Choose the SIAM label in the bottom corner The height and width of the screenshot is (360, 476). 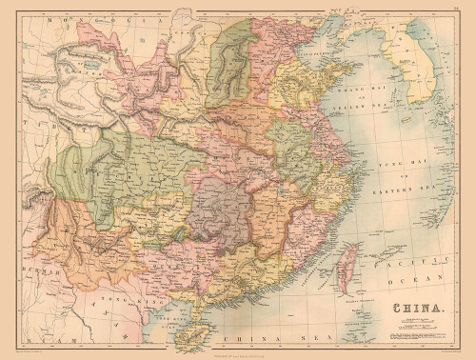coord(42,340)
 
